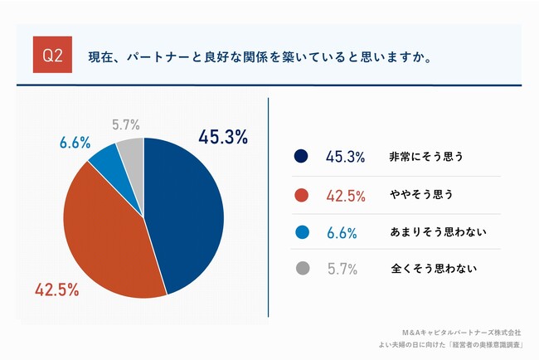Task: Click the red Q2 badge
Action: (51, 58)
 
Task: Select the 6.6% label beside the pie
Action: (75, 143)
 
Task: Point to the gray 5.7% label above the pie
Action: (125, 125)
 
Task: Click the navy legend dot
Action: (301, 156)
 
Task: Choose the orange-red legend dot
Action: (301, 195)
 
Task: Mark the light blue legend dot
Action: (301, 233)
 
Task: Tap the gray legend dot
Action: (301, 269)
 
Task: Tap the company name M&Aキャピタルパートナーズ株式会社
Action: (461, 332)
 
